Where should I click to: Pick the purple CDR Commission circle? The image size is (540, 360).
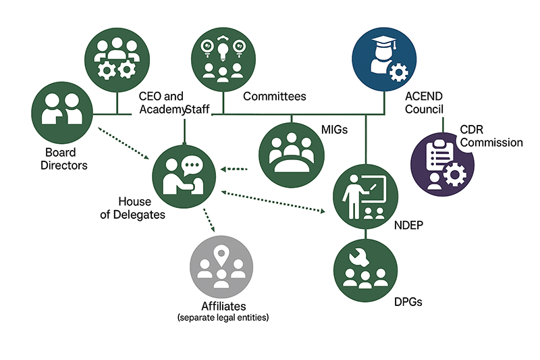click(443, 163)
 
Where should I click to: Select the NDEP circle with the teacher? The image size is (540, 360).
click(365, 195)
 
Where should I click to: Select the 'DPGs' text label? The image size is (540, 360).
click(408, 302)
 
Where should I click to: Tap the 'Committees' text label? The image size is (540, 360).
click(274, 97)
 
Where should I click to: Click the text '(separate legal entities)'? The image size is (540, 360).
click(222, 317)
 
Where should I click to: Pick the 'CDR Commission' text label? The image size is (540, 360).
click(491, 136)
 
